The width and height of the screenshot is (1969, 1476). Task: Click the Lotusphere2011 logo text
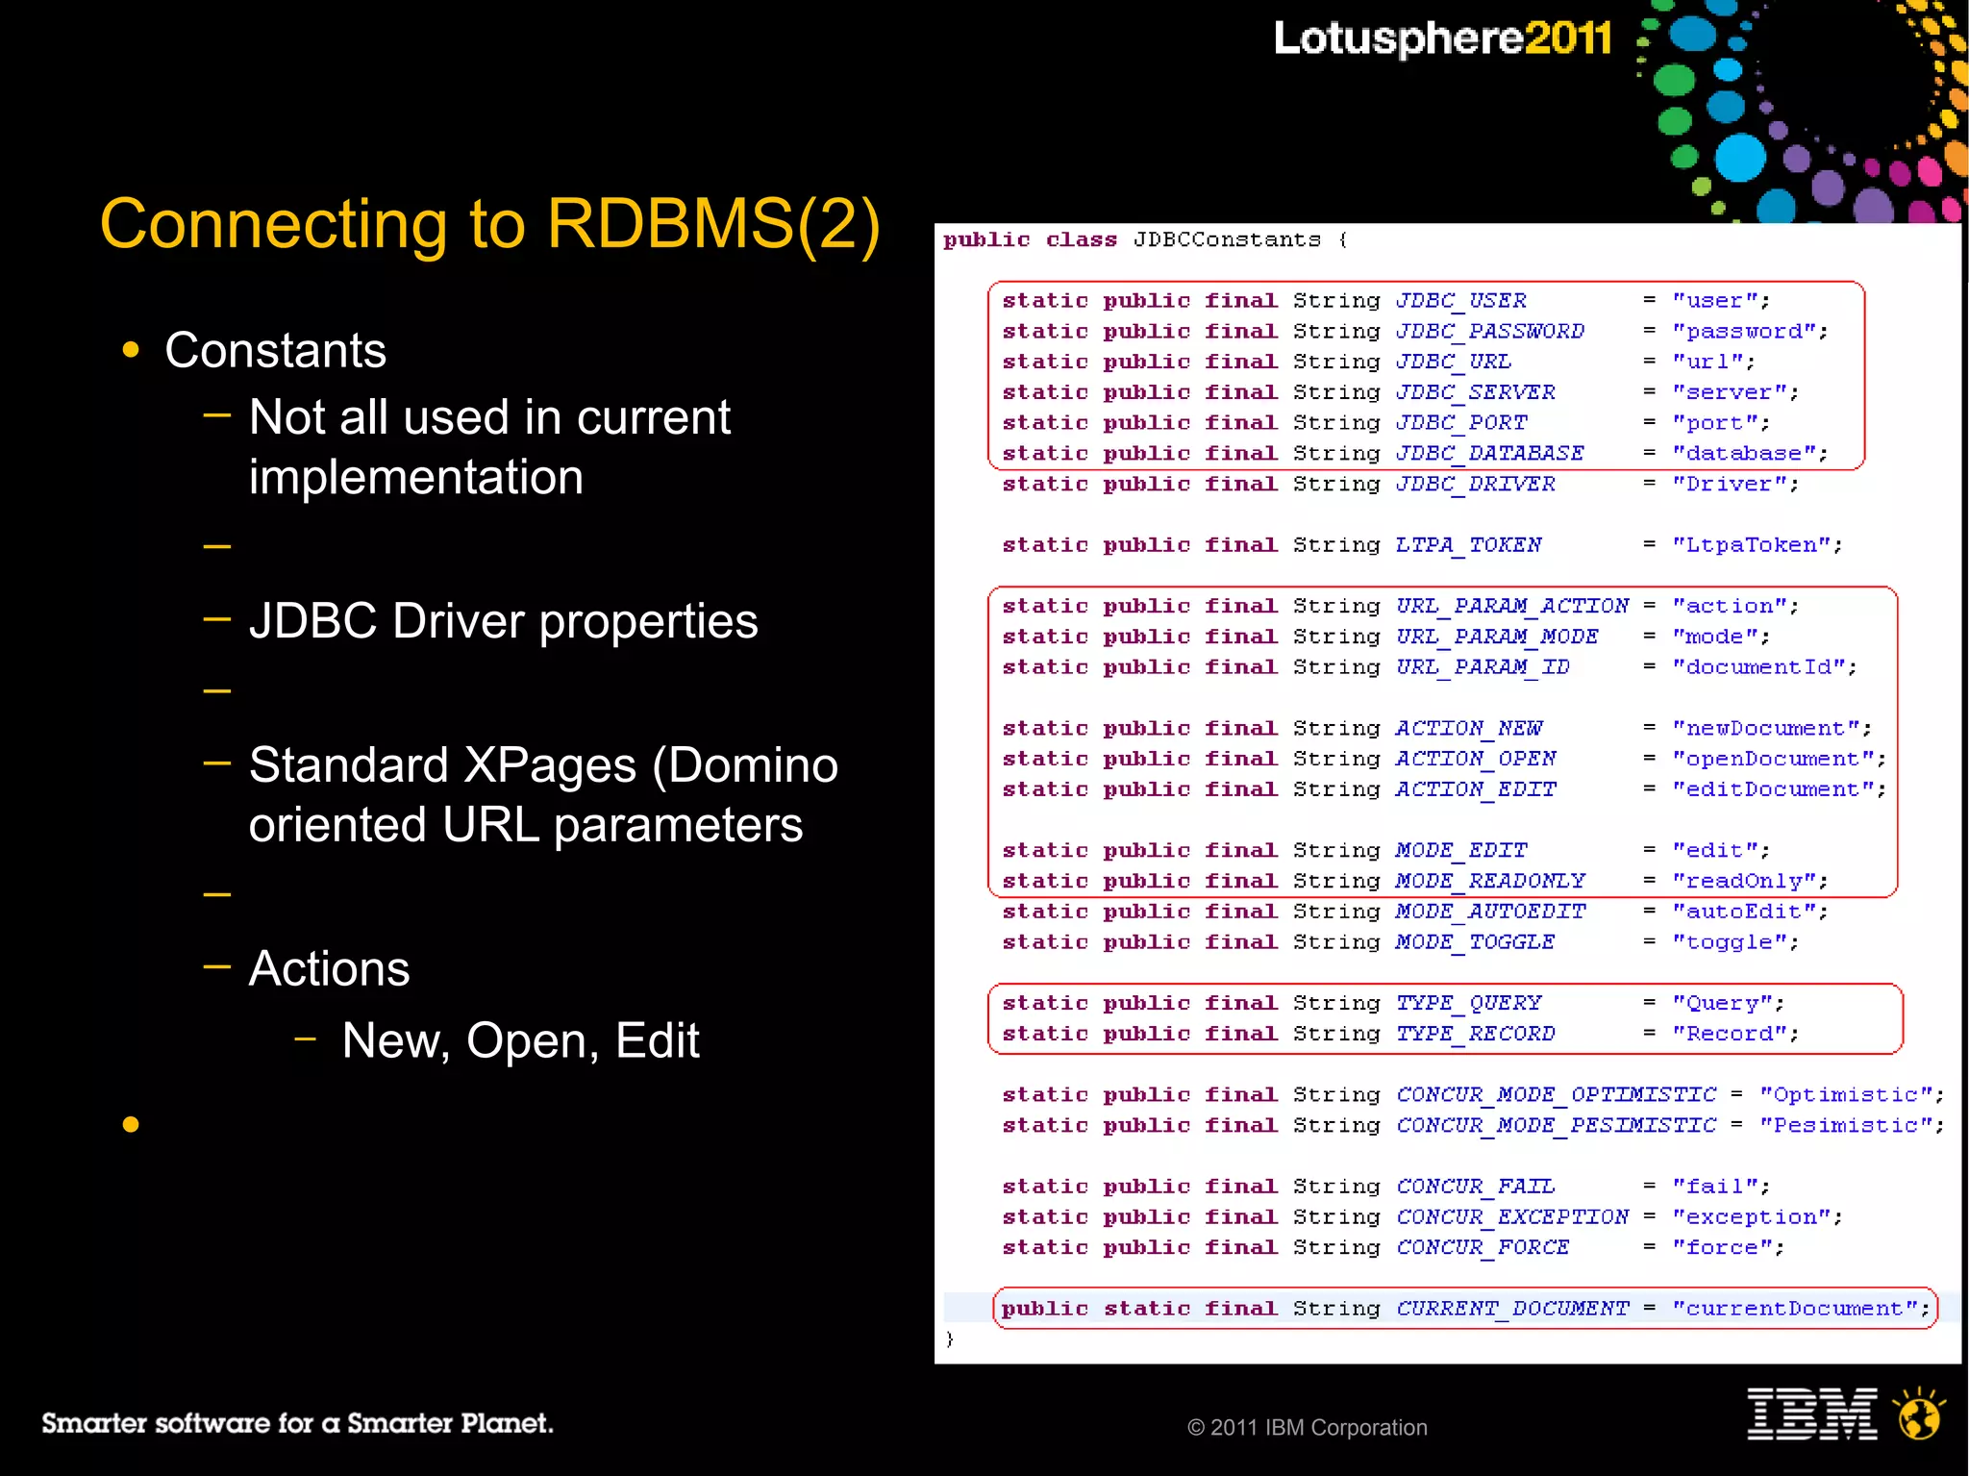(x=1442, y=38)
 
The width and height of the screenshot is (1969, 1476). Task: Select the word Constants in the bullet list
(x=275, y=350)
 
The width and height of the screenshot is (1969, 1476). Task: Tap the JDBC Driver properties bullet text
(x=503, y=621)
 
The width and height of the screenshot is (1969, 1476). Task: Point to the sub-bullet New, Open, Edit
(x=520, y=1040)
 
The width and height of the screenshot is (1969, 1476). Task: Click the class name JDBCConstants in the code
(x=1227, y=239)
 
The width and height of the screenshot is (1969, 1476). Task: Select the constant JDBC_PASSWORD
(x=1489, y=332)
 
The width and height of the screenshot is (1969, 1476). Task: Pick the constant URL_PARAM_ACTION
(x=1511, y=606)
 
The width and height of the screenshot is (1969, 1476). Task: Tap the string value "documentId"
(x=1764, y=667)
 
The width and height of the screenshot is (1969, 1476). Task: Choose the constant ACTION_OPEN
(x=1475, y=759)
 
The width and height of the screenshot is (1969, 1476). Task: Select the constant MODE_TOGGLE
(x=1475, y=942)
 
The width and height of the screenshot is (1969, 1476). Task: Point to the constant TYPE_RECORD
(x=1475, y=1034)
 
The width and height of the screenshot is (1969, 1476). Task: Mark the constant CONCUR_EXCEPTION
(x=1511, y=1217)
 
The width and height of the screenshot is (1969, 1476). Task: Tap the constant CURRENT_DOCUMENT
(x=1511, y=1309)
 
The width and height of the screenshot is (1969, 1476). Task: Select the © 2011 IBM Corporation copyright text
(x=1307, y=1428)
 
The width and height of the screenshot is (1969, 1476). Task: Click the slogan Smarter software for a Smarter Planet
(x=297, y=1423)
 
